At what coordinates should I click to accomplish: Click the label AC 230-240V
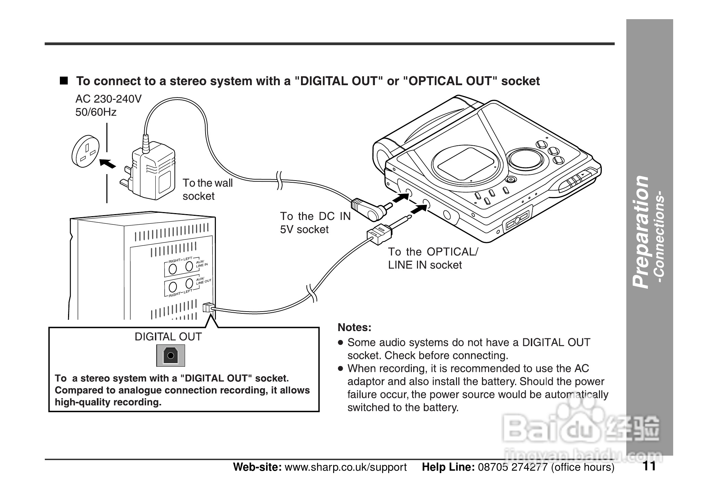click(108, 99)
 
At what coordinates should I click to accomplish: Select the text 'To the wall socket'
click(207, 190)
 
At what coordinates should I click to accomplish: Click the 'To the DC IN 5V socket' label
click(315, 223)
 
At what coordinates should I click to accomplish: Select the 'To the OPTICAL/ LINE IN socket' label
click(433, 258)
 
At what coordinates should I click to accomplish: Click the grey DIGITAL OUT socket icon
click(171, 355)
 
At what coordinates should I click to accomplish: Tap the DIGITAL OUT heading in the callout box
click(168, 337)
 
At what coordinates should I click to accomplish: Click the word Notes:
click(354, 328)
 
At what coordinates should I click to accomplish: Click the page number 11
click(649, 466)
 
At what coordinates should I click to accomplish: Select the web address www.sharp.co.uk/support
click(345, 467)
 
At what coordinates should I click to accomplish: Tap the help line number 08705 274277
click(513, 467)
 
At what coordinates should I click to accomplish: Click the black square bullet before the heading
click(64, 81)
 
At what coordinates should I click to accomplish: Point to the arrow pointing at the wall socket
click(108, 164)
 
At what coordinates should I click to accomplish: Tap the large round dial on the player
click(525, 159)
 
